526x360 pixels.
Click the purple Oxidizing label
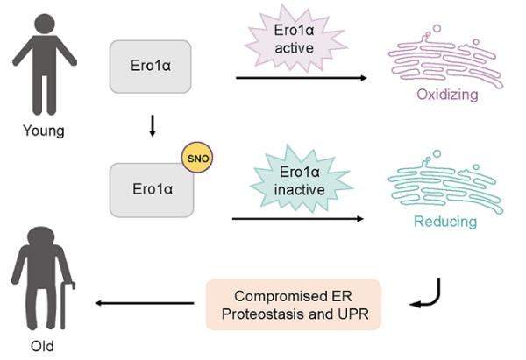[x=447, y=94]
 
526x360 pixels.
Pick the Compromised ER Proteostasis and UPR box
[x=294, y=304]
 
